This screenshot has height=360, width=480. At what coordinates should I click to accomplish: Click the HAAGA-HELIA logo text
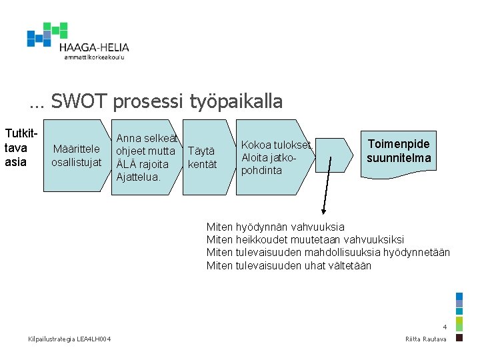pyautogui.click(x=94, y=47)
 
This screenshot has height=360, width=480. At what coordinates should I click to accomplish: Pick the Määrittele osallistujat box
pyautogui.click(x=76, y=155)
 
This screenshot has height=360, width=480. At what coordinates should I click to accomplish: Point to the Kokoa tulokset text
pyautogui.click(x=276, y=145)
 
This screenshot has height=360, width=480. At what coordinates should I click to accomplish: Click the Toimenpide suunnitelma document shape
pyautogui.click(x=399, y=151)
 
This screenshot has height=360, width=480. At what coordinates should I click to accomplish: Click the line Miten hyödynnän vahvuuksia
pyautogui.click(x=275, y=227)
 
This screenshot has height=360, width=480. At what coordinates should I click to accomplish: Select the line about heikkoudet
pyautogui.click(x=305, y=239)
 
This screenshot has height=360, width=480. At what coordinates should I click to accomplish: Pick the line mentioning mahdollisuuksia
pyautogui.click(x=328, y=252)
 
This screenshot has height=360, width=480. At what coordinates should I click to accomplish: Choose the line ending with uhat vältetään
pyautogui.click(x=289, y=265)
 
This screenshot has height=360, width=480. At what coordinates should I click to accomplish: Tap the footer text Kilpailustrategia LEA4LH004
pyautogui.click(x=70, y=340)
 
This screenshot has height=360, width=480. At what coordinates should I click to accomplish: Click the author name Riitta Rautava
pyautogui.click(x=426, y=340)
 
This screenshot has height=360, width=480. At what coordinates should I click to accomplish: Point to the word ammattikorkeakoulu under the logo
pyautogui.click(x=95, y=57)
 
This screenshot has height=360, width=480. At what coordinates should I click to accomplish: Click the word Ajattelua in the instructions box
pyautogui.click(x=138, y=177)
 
